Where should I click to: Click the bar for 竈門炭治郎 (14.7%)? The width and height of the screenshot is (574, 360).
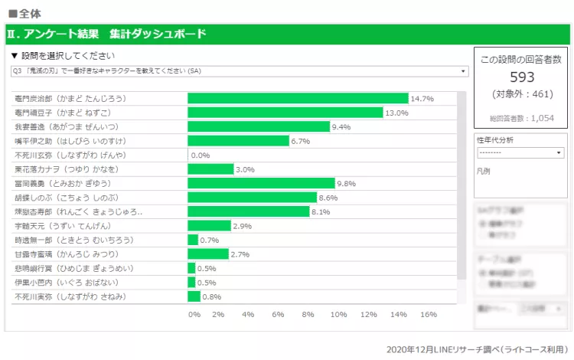[x=298, y=98]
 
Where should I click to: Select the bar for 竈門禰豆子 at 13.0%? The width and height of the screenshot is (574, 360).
[x=285, y=113]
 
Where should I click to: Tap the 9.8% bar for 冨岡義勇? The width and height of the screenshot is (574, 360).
[x=261, y=183]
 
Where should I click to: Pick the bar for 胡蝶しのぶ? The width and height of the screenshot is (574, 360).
[x=252, y=198]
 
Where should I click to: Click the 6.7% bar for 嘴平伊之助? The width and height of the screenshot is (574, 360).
[x=238, y=141]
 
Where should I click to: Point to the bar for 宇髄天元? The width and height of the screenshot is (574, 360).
[x=209, y=226]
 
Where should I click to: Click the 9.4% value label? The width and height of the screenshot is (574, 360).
[x=341, y=127]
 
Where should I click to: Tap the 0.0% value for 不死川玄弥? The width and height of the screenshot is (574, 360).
[x=200, y=155]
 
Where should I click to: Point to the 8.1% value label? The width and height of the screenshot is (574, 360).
[x=321, y=212]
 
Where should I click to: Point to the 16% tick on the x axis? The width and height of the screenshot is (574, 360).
[x=428, y=314]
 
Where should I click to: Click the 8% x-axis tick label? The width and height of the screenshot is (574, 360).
[x=308, y=314]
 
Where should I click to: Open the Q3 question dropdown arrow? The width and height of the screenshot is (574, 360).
[x=465, y=71]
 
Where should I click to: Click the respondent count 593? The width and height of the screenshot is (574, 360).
[x=521, y=77]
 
